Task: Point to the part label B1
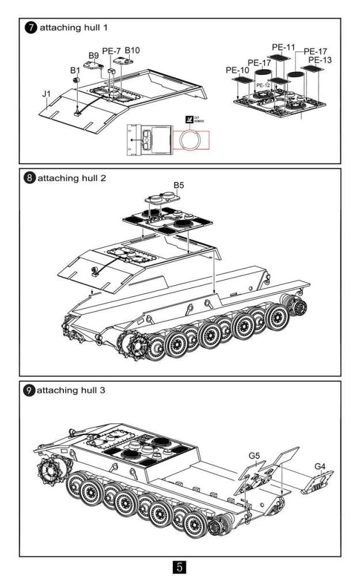click(x=75, y=70)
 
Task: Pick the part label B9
click(x=93, y=56)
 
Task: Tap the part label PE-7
click(x=111, y=51)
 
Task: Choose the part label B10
click(x=132, y=50)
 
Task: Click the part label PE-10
click(x=237, y=70)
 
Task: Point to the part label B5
click(x=179, y=185)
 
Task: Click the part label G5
click(x=255, y=456)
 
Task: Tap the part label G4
click(x=320, y=465)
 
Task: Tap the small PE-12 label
click(x=263, y=85)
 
